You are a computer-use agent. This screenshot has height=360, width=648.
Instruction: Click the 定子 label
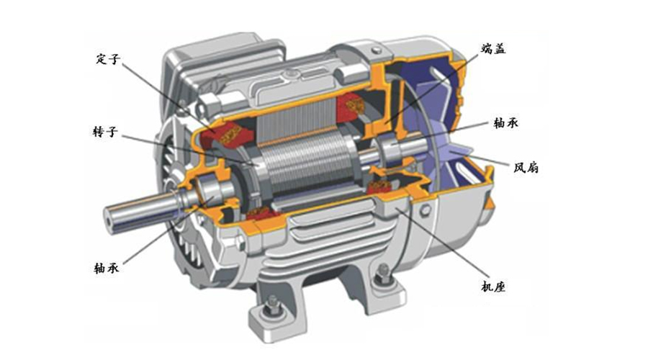coord(108,59)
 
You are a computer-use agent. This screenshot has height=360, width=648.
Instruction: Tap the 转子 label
coord(105,132)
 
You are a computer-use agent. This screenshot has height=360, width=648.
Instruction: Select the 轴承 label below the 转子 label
coord(107,268)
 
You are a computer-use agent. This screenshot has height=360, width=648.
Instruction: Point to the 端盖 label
coord(493,49)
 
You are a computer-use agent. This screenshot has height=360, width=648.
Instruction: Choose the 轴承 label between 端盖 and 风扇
coord(506,122)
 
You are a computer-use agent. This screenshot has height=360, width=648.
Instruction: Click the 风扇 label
coord(526,167)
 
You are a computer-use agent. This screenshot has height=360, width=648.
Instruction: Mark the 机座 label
coord(493,287)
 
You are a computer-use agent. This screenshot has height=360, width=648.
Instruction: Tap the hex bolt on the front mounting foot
coord(272,305)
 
